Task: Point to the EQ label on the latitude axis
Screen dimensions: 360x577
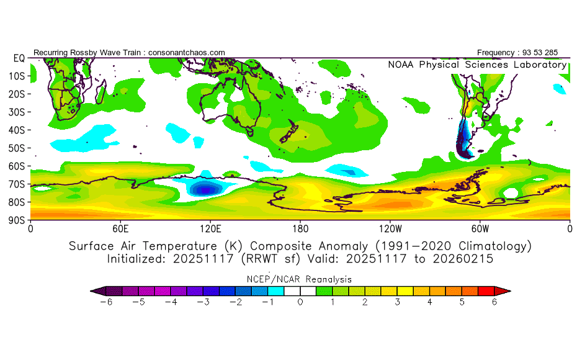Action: coord(19,58)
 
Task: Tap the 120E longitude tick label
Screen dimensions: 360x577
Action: coord(210,228)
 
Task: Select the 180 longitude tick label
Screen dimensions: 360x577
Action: coord(300,228)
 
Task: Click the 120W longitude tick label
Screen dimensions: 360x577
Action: coord(390,228)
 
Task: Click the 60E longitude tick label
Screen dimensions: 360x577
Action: coord(120,228)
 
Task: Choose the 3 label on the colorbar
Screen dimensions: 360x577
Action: coord(397,302)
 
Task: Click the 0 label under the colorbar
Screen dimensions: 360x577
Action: coord(300,302)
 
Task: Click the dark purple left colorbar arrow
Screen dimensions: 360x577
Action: coord(97,290)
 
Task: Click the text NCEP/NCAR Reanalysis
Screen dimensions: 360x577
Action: coord(300,279)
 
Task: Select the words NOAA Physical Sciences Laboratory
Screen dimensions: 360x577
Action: coord(477,65)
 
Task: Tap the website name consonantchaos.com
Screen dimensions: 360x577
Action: coord(186,52)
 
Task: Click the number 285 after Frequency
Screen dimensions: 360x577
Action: coord(558,52)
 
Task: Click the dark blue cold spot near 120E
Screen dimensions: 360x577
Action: coord(204,189)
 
